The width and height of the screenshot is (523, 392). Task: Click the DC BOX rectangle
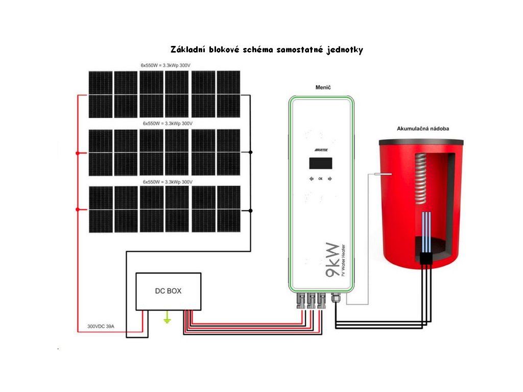[x=168, y=291]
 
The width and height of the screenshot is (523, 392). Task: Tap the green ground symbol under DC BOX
[x=166, y=320]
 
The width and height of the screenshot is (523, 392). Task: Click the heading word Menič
[x=321, y=88]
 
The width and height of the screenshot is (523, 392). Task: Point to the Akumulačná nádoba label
[x=423, y=129]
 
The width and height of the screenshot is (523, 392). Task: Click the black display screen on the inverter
[x=320, y=163]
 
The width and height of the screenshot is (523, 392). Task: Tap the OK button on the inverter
[x=320, y=179]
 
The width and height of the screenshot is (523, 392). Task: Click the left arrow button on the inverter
[x=311, y=179]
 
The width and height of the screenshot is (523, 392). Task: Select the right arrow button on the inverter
[x=330, y=179]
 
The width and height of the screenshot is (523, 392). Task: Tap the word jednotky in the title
[x=345, y=50]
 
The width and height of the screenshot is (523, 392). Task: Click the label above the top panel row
[x=169, y=65]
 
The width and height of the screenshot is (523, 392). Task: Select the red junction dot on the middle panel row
[x=78, y=153]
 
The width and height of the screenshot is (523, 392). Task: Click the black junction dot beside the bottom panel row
[x=250, y=210]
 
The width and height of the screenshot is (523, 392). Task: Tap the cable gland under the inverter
[x=336, y=298]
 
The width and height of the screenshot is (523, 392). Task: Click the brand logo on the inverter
[x=320, y=150]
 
